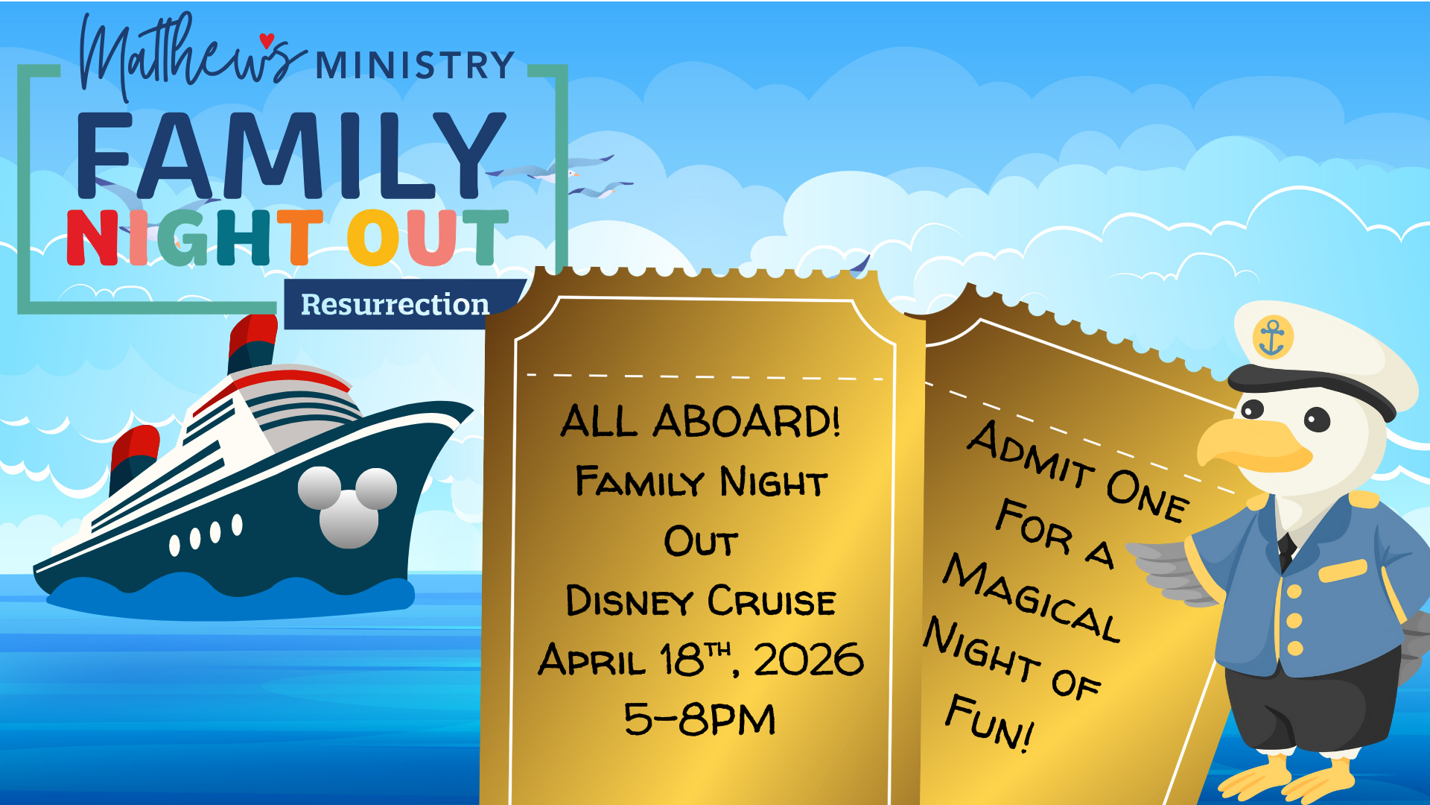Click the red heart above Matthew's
point(267,40)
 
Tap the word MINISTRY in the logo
point(415,66)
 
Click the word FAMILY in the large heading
point(291,156)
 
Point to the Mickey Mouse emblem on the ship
point(348,506)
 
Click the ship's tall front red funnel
point(252,344)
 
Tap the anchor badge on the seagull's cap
point(1272,337)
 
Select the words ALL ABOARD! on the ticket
point(700,421)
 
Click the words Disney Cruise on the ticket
point(700,601)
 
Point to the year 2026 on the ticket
point(808,660)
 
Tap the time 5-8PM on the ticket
point(699,719)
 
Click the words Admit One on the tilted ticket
point(1078,471)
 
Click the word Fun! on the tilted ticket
point(990,722)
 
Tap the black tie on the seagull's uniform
point(1286,552)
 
